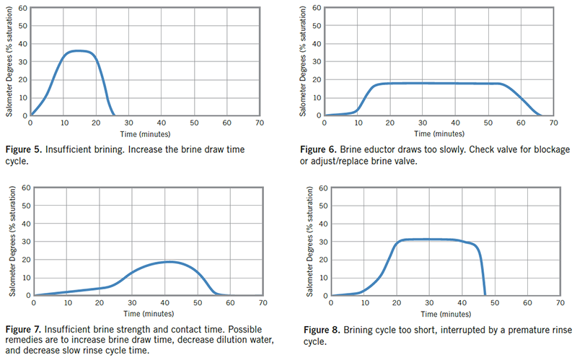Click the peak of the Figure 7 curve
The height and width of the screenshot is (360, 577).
[167, 262]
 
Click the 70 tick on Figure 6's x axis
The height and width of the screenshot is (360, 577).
[552, 123]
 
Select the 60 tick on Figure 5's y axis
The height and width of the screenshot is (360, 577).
[22, 9]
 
